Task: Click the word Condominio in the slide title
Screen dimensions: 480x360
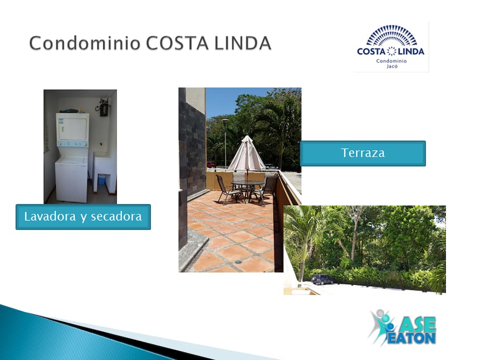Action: pyautogui.click(x=85, y=43)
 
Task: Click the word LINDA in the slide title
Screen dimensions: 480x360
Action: pyautogui.click(x=243, y=43)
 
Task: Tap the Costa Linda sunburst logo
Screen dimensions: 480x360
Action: pyautogui.click(x=391, y=46)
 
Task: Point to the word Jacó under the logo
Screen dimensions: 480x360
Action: pyautogui.click(x=392, y=66)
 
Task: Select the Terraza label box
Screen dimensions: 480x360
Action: pyautogui.click(x=363, y=153)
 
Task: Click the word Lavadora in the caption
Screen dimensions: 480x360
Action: pyautogui.click(x=50, y=217)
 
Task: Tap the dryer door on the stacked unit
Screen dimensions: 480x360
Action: pyautogui.click(x=73, y=129)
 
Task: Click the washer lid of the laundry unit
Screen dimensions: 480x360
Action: pyautogui.click(x=71, y=160)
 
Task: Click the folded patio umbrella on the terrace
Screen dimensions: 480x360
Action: pyautogui.click(x=247, y=154)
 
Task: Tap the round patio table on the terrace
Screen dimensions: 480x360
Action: pyautogui.click(x=248, y=183)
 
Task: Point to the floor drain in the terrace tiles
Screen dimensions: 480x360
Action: pyautogui.click(x=238, y=262)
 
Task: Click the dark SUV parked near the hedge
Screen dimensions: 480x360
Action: pyautogui.click(x=322, y=279)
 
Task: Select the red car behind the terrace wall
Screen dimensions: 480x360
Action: pyautogui.click(x=211, y=164)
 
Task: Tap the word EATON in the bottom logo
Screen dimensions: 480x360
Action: pyautogui.click(x=412, y=338)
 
